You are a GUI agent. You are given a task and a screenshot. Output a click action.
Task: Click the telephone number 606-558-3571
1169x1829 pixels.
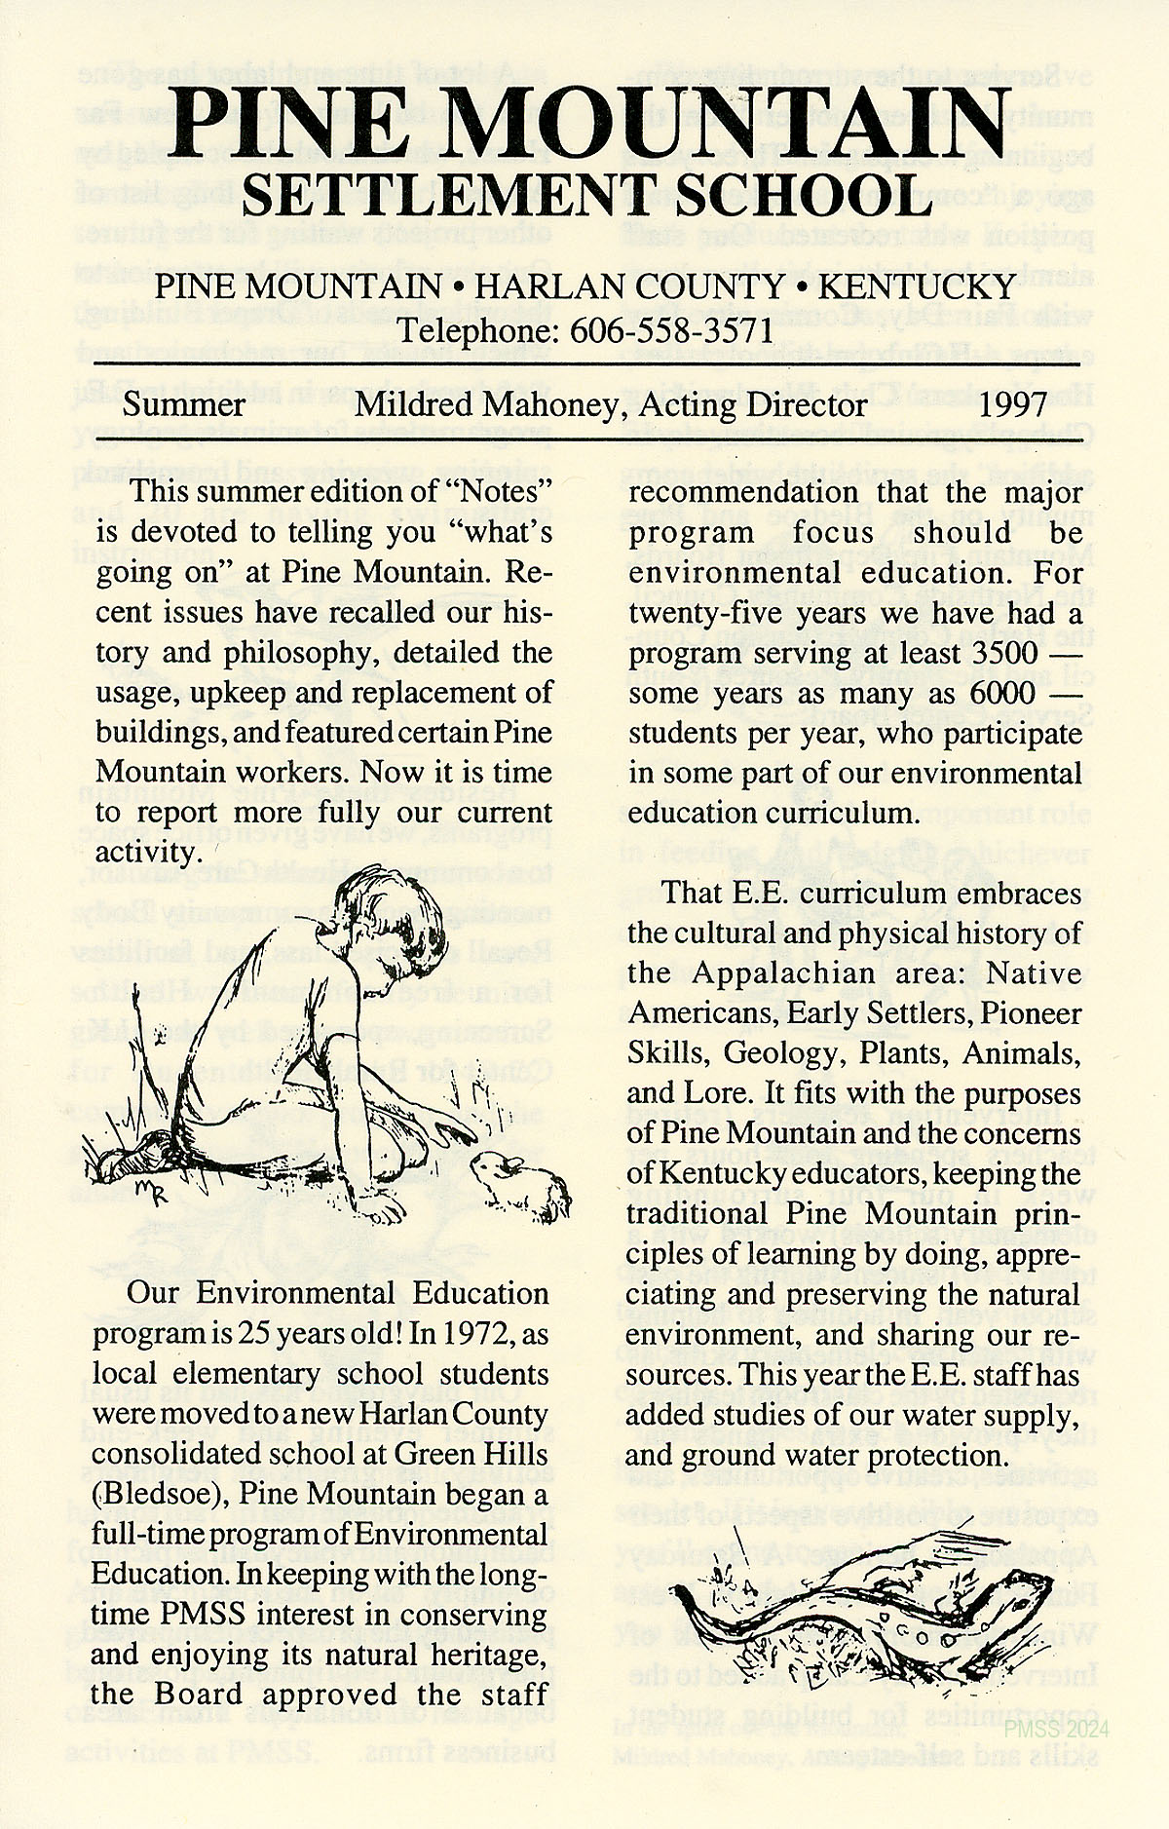(671, 330)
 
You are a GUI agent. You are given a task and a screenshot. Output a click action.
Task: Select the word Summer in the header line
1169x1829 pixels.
(184, 404)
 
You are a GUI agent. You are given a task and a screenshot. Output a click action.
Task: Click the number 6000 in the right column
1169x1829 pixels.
(1002, 693)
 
